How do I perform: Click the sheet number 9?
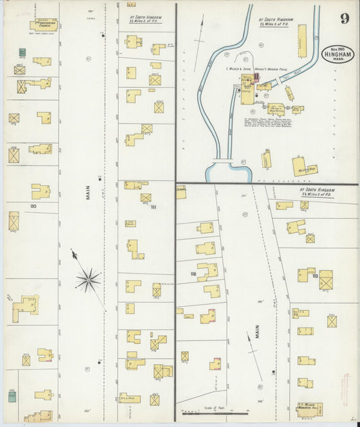(344, 18)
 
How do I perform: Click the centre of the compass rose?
(88, 279)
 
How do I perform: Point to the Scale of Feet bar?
(215, 412)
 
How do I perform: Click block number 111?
(153, 207)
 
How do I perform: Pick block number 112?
(193, 274)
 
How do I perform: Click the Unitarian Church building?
(43, 25)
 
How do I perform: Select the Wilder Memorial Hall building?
(309, 408)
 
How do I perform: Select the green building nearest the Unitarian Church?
(22, 52)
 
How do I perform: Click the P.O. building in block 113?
(301, 313)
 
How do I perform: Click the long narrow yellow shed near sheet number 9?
(301, 41)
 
